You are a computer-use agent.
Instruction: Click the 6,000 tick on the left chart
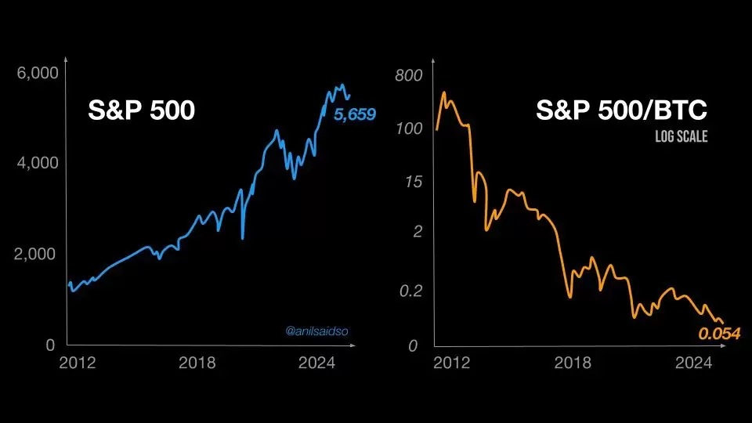(38, 73)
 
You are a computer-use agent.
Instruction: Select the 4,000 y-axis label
(38, 163)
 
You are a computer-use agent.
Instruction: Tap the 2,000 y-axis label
(35, 254)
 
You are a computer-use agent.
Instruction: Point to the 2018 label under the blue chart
(197, 363)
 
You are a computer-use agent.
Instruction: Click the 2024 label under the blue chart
(316, 363)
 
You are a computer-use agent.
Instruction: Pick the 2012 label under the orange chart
(452, 363)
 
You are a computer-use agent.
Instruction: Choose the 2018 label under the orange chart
(573, 363)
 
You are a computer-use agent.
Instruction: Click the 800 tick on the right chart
(409, 75)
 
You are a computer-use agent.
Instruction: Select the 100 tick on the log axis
(409, 128)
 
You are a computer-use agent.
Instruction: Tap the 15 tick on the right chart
(414, 182)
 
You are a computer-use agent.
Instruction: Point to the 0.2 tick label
(410, 291)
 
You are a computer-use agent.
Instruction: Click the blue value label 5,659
(355, 114)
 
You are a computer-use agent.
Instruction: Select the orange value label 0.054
(719, 334)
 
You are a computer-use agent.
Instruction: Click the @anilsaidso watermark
(316, 331)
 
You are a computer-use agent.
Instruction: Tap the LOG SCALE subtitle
(681, 136)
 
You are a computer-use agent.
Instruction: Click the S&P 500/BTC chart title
(621, 110)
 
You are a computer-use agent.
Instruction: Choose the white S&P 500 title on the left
(142, 110)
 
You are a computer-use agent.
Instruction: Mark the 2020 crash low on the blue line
(243, 238)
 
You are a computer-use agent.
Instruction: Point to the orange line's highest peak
(444, 92)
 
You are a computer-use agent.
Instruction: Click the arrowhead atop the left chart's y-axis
(66, 60)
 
